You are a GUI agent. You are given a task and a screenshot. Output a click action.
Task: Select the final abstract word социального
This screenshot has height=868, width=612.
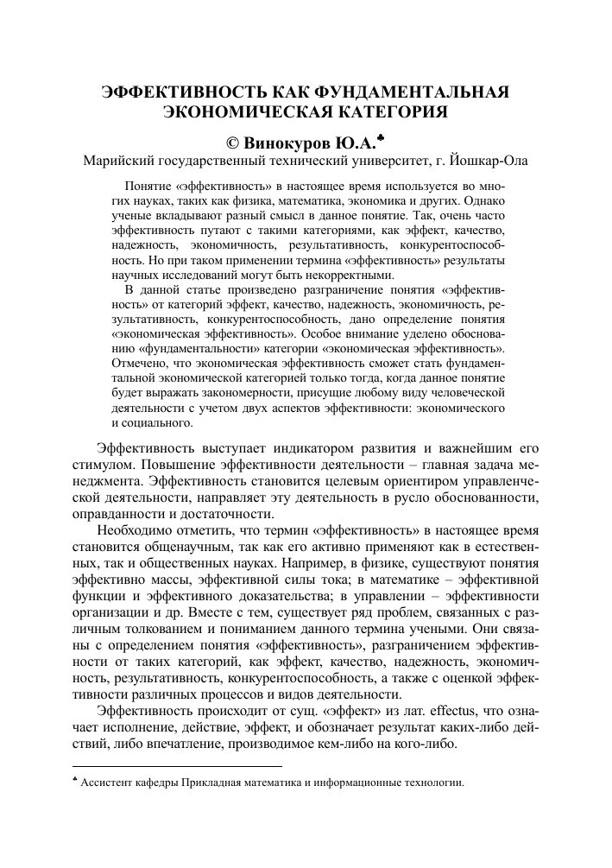point(151,423)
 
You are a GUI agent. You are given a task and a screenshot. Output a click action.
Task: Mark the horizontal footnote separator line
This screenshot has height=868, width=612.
point(177,765)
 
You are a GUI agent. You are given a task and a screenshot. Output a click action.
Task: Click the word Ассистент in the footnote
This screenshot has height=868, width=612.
point(107,785)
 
